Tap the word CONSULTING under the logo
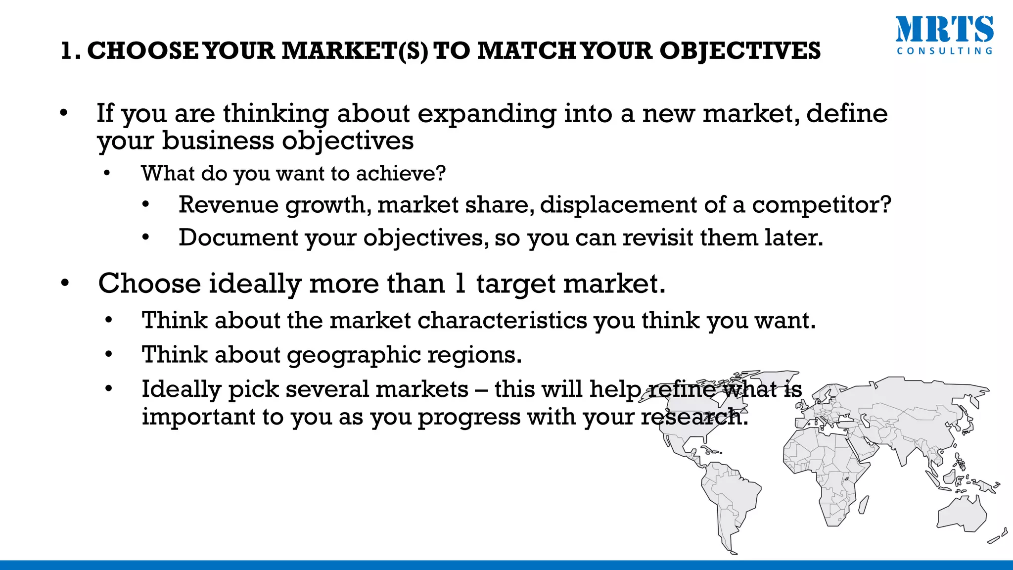(944, 51)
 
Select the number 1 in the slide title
(66, 51)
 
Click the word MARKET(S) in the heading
(355, 51)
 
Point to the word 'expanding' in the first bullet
(487, 114)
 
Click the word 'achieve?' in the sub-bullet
(401, 174)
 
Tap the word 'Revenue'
(229, 205)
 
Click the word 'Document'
(237, 238)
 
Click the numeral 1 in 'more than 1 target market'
(460, 284)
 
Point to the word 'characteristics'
(503, 321)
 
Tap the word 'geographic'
(354, 355)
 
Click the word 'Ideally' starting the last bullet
(181, 389)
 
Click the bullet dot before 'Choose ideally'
(65, 284)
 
